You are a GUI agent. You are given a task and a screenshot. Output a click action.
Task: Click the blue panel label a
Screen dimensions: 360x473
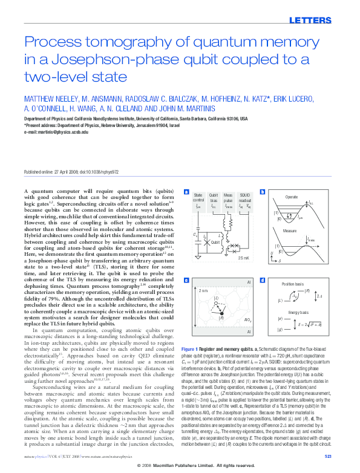tap(186, 192)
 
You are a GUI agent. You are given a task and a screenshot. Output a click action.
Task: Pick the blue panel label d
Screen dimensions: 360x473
tap(261, 281)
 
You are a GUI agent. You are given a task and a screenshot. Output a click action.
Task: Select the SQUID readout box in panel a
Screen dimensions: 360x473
tap(244, 200)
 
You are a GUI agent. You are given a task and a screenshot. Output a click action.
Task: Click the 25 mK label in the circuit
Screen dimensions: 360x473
tap(243, 258)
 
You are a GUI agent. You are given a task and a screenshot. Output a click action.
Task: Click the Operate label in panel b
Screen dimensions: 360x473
tap(291, 197)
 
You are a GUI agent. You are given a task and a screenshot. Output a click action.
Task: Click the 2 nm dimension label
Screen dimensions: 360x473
tap(203, 291)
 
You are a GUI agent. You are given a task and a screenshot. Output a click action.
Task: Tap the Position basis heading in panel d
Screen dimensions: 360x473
tap(292, 283)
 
